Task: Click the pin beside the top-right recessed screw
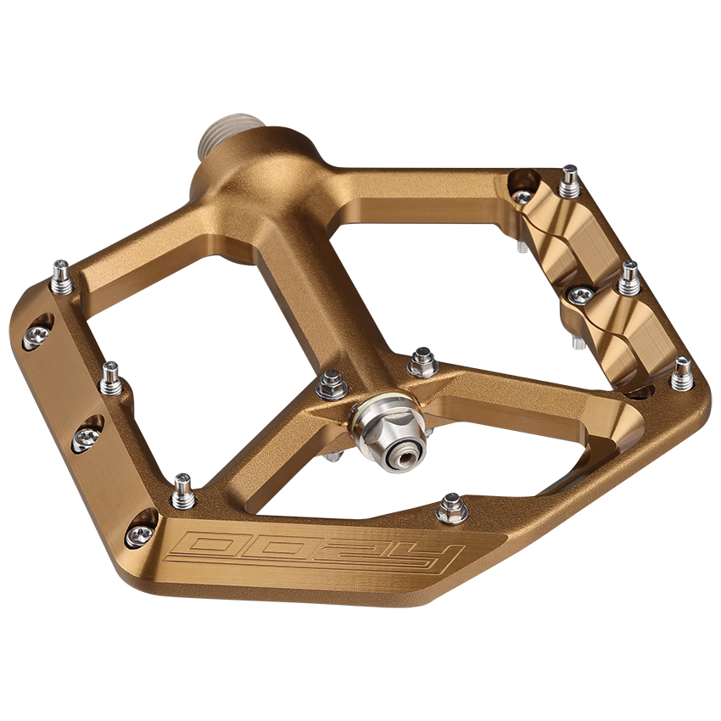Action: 569,182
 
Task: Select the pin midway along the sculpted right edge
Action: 629,278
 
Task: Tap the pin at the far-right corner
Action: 682,373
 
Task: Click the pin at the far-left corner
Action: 61,277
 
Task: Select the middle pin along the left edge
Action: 110,379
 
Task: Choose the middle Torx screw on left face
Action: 86,436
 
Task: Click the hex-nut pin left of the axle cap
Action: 332,385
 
